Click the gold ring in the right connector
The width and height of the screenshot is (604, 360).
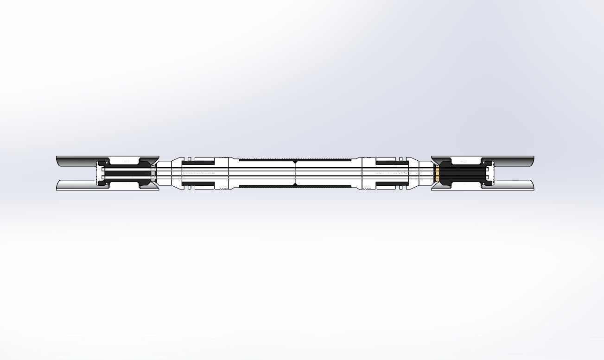(x=437, y=174)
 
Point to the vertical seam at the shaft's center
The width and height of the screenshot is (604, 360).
(x=295, y=173)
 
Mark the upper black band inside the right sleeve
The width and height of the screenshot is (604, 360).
(x=392, y=163)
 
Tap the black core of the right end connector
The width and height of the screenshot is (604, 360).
(x=461, y=174)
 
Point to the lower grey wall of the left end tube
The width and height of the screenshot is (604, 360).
(x=76, y=185)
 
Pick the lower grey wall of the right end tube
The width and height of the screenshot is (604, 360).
(x=515, y=185)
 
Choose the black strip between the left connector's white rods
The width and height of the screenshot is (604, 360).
(x=127, y=173)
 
